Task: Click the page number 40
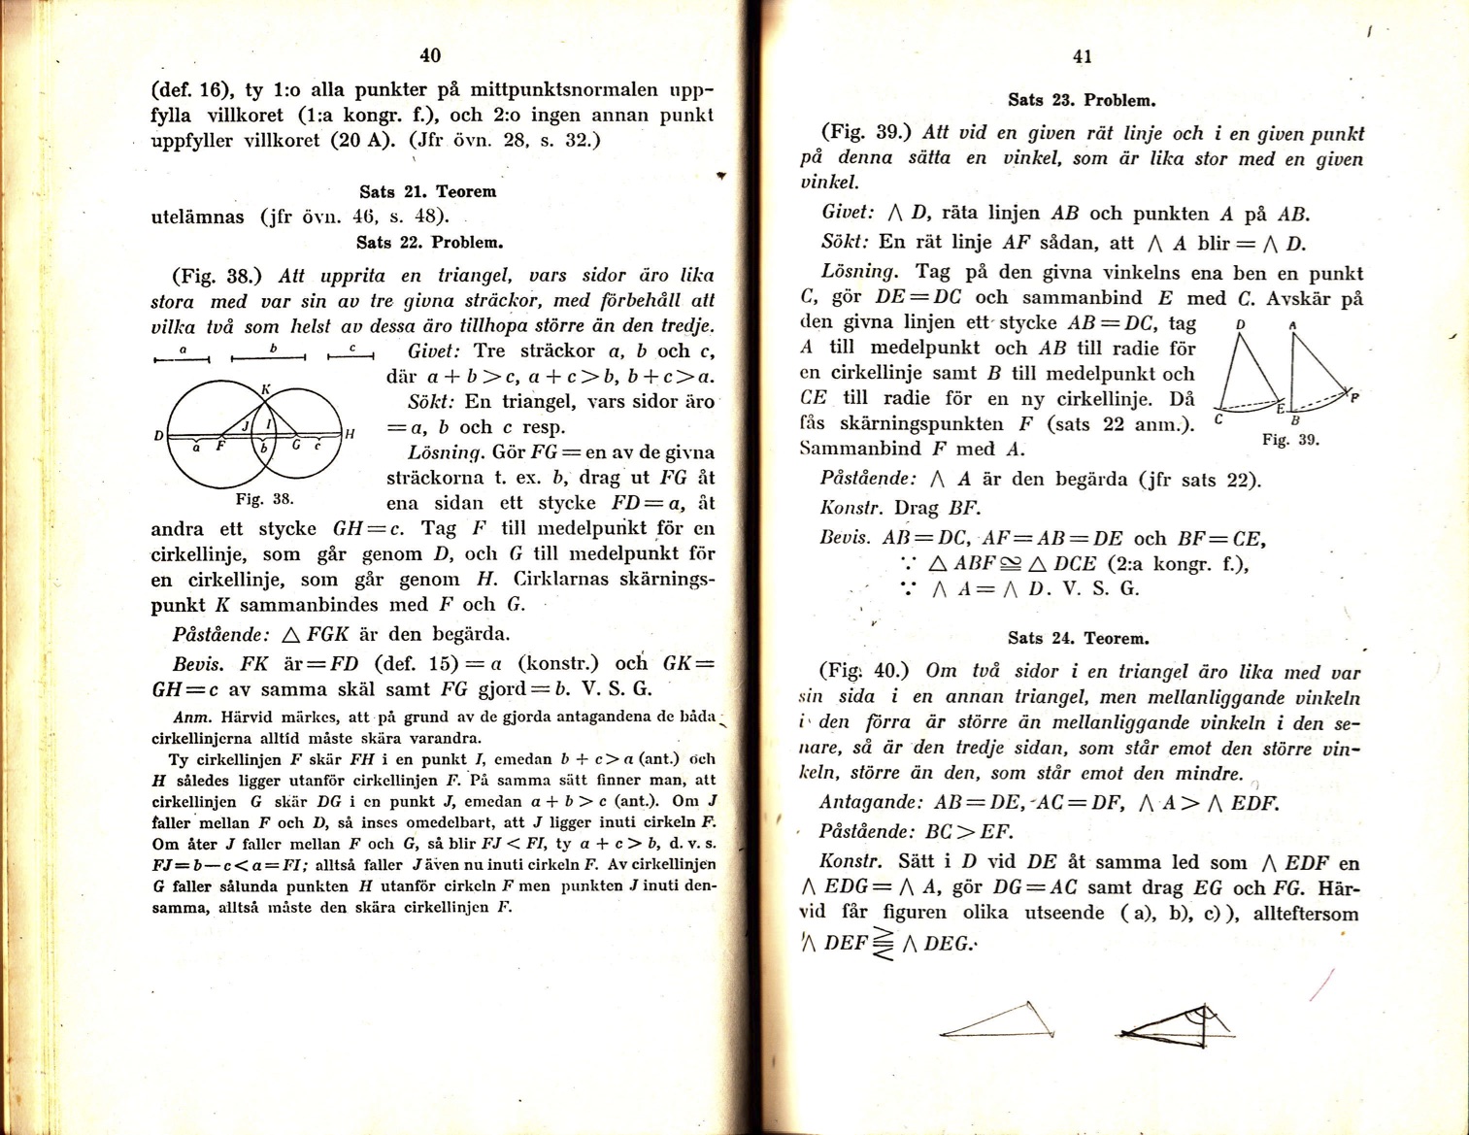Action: pyautogui.click(x=431, y=56)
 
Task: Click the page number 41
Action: pyautogui.click(x=1083, y=57)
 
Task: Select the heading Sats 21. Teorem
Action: pyautogui.click(x=427, y=191)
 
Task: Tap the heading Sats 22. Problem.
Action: pyautogui.click(x=429, y=242)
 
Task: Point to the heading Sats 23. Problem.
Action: pyautogui.click(x=1082, y=100)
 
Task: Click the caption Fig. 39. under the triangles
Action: pyautogui.click(x=1289, y=440)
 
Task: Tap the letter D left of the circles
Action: pyautogui.click(x=157, y=436)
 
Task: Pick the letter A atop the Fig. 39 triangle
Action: pyautogui.click(x=1292, y=326)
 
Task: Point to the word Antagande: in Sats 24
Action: pyautogui.click(x=870, y=803)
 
